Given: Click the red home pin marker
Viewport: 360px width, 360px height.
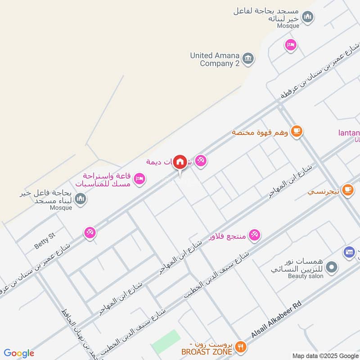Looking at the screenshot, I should (180, 162).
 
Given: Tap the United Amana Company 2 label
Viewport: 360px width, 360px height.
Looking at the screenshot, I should (215, 59).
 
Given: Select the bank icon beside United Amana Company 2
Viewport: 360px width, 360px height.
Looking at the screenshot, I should (248, 58).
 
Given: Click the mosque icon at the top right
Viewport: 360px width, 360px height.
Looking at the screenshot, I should (308, 18).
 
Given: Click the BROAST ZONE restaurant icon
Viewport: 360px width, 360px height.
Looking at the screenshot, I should (241, 346).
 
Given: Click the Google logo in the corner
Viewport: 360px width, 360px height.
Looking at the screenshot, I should (19, 353).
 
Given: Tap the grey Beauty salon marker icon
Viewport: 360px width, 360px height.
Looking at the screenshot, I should (332, 268).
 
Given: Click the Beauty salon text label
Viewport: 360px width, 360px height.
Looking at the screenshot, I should (306, 276).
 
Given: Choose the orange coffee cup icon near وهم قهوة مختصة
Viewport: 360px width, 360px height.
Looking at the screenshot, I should (297, 131).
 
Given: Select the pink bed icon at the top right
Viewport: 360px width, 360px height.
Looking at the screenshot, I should (291, 45).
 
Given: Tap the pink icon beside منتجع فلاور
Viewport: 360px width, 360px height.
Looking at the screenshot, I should (254, 234).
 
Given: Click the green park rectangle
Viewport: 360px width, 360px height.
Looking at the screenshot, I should (166, 342).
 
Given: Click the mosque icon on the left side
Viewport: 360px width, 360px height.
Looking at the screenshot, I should (81, 198).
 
